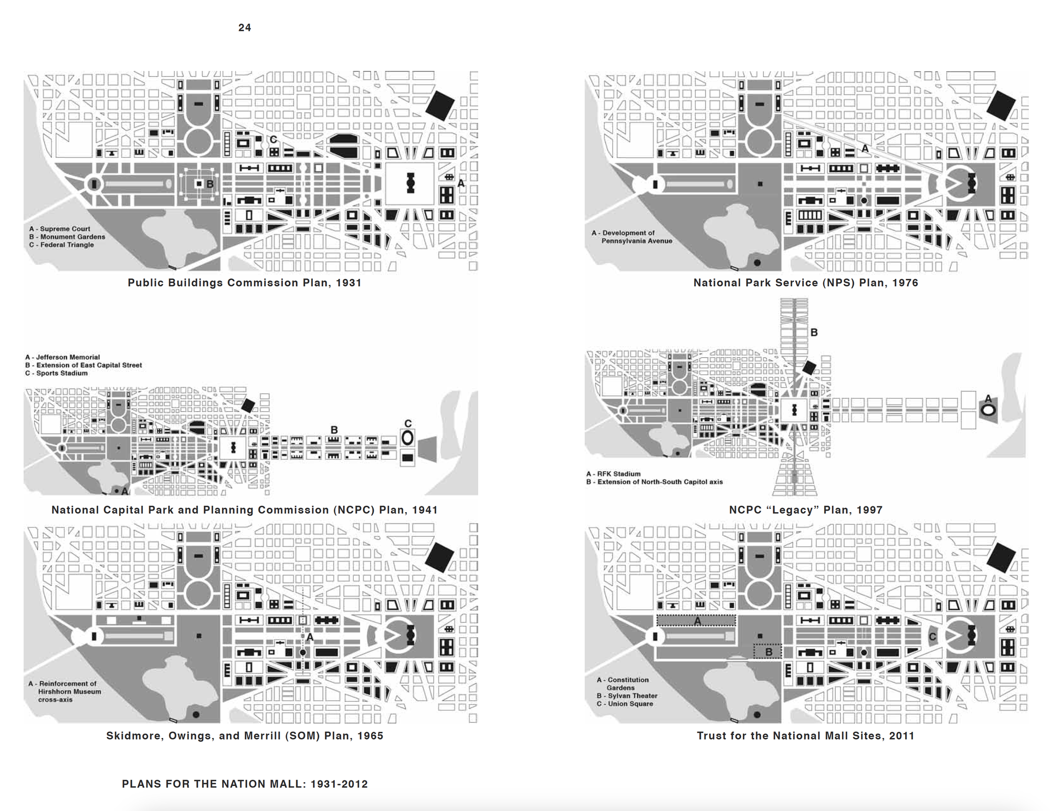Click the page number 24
(x=245, y=28)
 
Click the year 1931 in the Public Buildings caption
(x=349, y=283)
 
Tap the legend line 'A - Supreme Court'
(x=60, y=229)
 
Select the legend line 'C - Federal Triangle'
(x=61, y=245)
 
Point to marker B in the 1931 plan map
(x=210, y=184)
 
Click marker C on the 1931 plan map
(x=274, y=140)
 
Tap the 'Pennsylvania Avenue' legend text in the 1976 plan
(x=637, y=241)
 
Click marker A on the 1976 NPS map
(x=865, y=149)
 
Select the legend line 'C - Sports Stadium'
(x=57, y=373)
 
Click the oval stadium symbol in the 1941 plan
(x=407, y=438)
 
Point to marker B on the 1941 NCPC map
(x=334, y=430)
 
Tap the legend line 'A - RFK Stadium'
(x=613, y=474)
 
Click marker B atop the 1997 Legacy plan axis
(x=814, y=332)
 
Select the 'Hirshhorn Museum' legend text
(x=69, y=692)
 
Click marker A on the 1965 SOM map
(x=310, y=637)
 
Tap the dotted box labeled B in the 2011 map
(x=768, y=651)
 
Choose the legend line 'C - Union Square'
(x=625, y=704)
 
